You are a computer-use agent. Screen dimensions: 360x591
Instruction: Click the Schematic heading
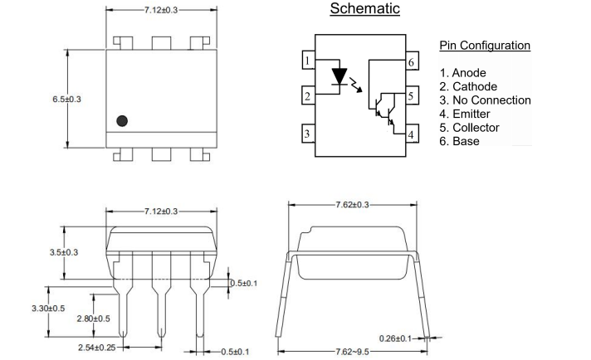(364, 9)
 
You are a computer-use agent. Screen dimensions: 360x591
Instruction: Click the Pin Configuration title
(483, 45)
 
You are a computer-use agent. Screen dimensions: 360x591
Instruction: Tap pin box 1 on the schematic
(307, 61)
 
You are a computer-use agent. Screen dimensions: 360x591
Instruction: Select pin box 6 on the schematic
(411, 62)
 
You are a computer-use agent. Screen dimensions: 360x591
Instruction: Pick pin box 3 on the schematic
(307, 133)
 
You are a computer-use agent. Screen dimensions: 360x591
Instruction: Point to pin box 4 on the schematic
(411, 134)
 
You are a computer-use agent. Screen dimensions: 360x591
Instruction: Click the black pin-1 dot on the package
(122, 120)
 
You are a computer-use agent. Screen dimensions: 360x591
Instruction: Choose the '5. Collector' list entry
(469, 128)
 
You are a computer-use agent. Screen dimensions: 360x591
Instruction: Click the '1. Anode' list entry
(463, 73)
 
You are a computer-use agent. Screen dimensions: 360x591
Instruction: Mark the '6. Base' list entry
(459, 141)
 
